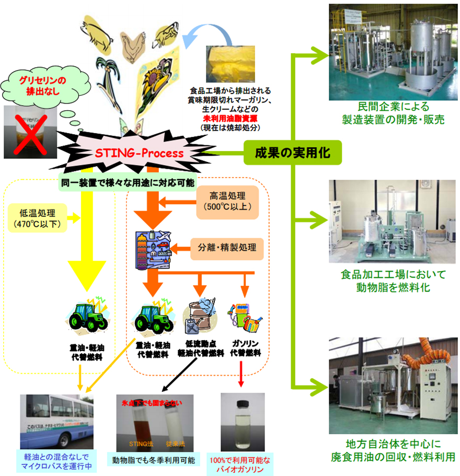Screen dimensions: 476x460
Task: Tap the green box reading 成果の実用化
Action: tap(292, 153)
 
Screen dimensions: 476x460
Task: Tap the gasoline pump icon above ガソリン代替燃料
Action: tap(243, 318)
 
